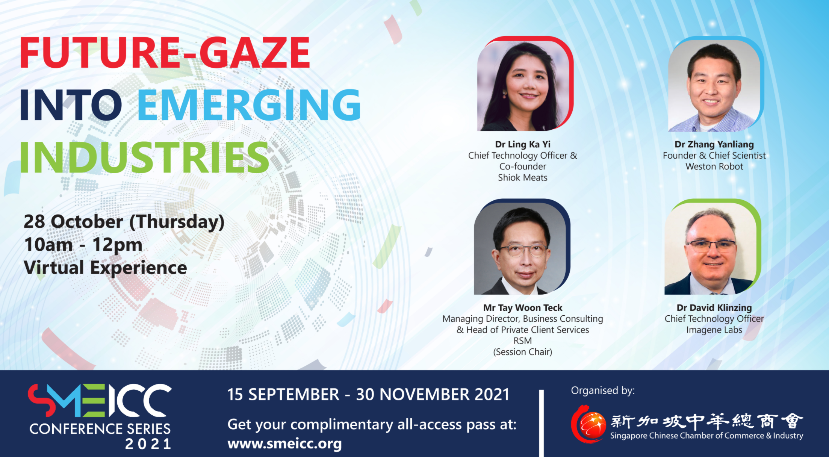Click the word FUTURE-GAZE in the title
tap(165, 53)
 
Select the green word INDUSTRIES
tap(144, 157)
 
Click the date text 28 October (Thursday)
tap(124, 222)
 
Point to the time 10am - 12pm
tap(83, 245)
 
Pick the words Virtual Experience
tap(105, 268)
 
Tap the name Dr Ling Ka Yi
tap(523, 144)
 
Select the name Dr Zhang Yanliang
tap(714, 144)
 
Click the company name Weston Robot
tap(714, 166)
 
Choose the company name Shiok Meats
tap(523, 177)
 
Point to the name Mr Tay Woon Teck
tap(523, 308)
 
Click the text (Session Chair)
tap(523, 352)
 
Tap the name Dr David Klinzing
tap(714, 308)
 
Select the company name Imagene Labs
tap(714, 330)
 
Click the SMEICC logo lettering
tap(100, 401)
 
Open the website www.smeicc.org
tap(284, 444)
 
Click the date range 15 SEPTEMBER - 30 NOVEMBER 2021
tap(368, 395)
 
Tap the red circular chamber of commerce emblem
tap(588, 424)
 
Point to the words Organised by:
tap(603, 391)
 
